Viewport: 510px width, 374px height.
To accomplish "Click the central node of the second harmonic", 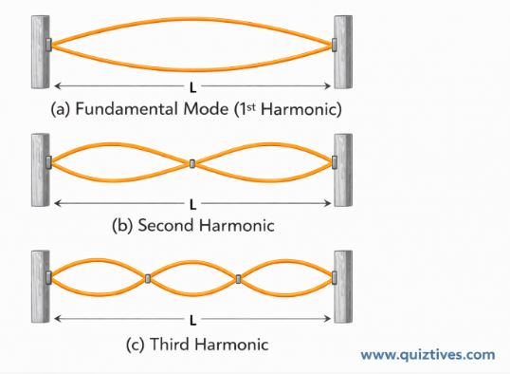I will (191, 164).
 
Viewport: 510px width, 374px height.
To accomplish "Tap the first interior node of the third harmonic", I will (148, 278).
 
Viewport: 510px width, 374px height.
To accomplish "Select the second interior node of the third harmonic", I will (238, 278).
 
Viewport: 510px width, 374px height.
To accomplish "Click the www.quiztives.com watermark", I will (427, 355).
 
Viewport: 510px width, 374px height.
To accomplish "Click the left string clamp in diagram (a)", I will (50, 44).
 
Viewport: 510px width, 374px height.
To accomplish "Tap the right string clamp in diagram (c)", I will (334, 278).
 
